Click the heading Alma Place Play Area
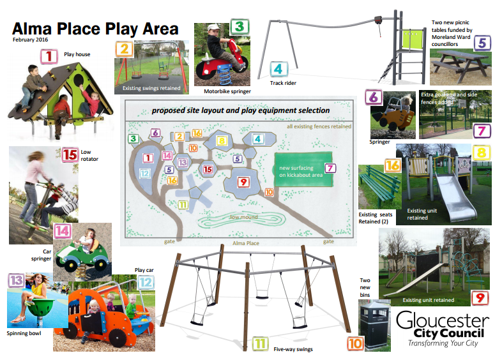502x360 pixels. point(95,29)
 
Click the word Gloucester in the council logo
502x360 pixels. point(443,320)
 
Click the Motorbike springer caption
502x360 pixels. point(224,91)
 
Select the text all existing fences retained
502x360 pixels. point(319,127)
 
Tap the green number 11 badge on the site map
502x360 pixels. point(183,204)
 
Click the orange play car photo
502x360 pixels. point(105,313)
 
